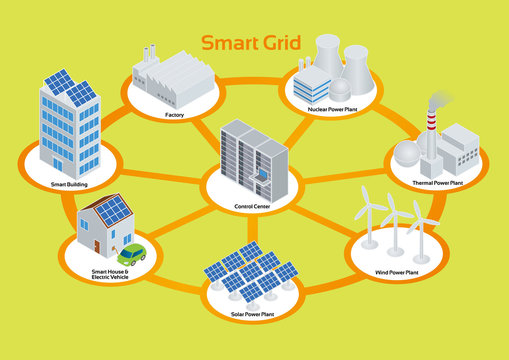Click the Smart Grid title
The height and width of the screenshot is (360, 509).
pyautogui.click(x=247, y=44)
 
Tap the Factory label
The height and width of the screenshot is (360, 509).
pyautogui.click(x=175, y=115)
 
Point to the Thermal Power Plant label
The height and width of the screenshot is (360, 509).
pyautogui.click(x=438, y=183)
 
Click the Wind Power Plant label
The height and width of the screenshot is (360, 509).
pyautogui.click(x=397, y=271)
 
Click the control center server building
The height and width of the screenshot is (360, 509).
pyautogui.click(x=254, y=160)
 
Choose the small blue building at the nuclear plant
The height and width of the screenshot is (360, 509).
pyautogui.click(x=316, y=80)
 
